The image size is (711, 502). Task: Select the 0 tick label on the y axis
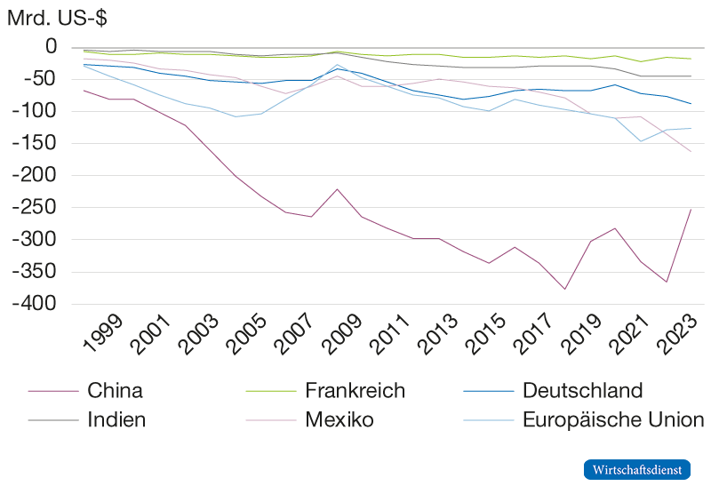click(51, 46)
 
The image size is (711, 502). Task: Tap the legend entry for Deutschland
click(581, 391)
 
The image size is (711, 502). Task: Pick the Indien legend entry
click(116, 420)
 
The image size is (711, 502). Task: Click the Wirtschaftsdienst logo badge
click(636, 469)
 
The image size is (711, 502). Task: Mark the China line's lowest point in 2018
click(563, 289)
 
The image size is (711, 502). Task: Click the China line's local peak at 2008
click(337, 188)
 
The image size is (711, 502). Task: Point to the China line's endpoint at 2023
click(691, 209)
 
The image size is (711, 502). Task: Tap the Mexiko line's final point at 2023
click(691, 151)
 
